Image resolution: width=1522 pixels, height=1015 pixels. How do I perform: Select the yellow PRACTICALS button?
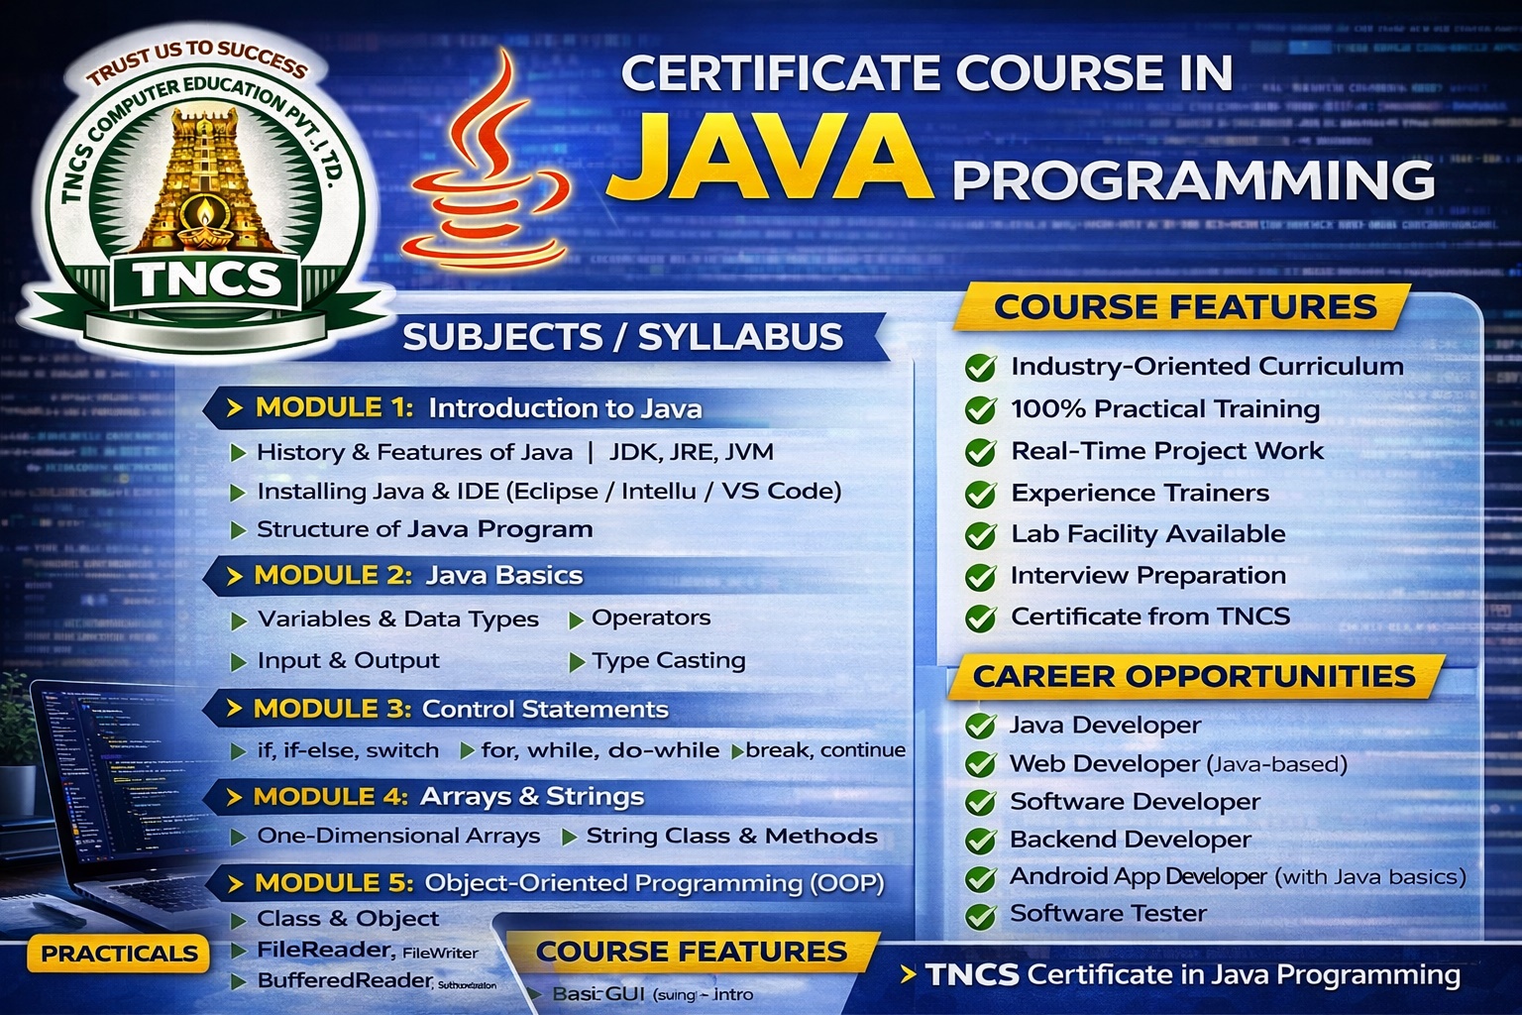pyautogui.click(x=119, y=954)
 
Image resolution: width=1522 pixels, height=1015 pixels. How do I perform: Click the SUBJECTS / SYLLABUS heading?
pyautogui.click(x=622, y=338)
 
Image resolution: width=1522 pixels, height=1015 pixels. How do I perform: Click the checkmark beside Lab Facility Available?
pyautogui.click(x=980, y=535)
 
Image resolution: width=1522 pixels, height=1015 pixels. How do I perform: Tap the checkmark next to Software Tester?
pyautogui.click(x=980, y=915)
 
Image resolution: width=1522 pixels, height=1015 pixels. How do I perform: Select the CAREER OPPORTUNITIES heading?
pyautogui.click(x=1193, y=676)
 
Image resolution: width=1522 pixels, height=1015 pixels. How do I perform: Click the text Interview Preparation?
pyautogui.click(x=1147, y=576)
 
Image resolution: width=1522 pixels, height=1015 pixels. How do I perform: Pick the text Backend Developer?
pyautogui.click(x=1130, y=840)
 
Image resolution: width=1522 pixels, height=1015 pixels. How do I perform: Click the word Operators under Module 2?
pyautogui.click(x=651, y=618)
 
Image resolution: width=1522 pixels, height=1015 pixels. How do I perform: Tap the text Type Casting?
pyautogui.click(x=669, y=660)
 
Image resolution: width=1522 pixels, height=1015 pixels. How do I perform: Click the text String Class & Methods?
pyautogui.click(x=731, y=836)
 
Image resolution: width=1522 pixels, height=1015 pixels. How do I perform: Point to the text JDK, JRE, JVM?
pyautogui.click(x=691, y=452)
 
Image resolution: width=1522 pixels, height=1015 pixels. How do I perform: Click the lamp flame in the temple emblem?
pyautogui.click(x=204, y=208)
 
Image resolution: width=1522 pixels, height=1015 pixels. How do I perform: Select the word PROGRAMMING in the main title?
pyautogui.click(x=1193, y=180)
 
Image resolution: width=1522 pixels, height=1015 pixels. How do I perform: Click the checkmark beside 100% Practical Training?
pyautogui.click(x=980, y=409)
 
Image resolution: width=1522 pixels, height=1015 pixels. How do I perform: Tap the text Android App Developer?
pyautogui.click(x=1138, y=876)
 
